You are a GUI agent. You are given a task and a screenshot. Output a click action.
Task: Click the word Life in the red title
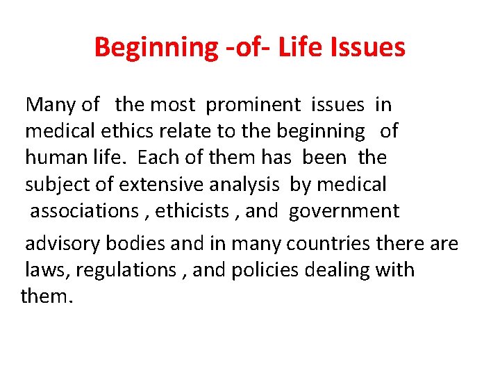tap(300, 47)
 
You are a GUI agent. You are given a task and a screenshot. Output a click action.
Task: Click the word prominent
tap(253, 105)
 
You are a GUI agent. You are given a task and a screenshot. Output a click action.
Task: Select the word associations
tap(84, 211)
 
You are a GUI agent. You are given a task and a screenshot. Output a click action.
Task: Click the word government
tap(344, 211)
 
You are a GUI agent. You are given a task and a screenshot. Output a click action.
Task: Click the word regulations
tap(126, 270)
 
